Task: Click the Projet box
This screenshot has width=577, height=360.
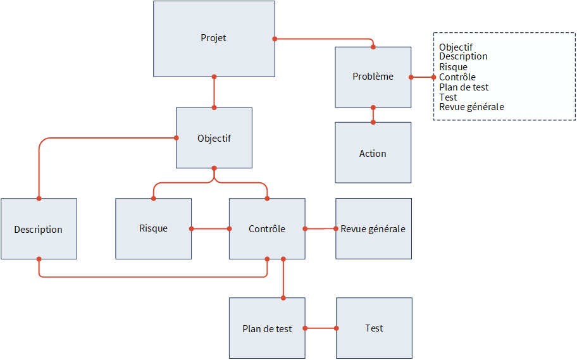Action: point(214,39)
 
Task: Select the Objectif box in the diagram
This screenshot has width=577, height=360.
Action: point(214,138)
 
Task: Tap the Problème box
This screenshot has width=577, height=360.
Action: point(373,77)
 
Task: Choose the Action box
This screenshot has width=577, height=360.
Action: point(373,152)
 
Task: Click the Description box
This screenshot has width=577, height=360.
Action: point(39,228)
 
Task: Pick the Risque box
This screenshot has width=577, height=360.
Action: point(154,228)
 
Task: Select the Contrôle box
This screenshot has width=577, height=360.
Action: point(267,228)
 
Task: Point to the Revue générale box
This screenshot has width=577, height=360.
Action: point(373,228)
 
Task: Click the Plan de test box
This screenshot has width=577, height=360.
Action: point(267,328)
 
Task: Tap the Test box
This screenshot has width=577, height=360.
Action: point(375,328)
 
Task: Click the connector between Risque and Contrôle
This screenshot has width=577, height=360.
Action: point(211,228)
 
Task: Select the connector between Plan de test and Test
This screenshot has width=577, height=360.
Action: point(321,328)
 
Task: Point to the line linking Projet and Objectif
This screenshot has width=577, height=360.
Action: point(214,92)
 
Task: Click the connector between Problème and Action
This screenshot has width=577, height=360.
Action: point(373,115)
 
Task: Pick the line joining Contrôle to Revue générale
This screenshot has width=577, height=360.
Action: point(321,228)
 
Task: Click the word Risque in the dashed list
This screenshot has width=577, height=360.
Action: point(454,67)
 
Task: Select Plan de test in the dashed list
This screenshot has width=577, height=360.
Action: point(464,87)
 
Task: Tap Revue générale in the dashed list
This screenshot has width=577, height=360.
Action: point(472,107)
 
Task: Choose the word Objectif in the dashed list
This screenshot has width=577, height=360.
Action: point(456,47)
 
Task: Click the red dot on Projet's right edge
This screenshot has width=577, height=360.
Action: point(275,39)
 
